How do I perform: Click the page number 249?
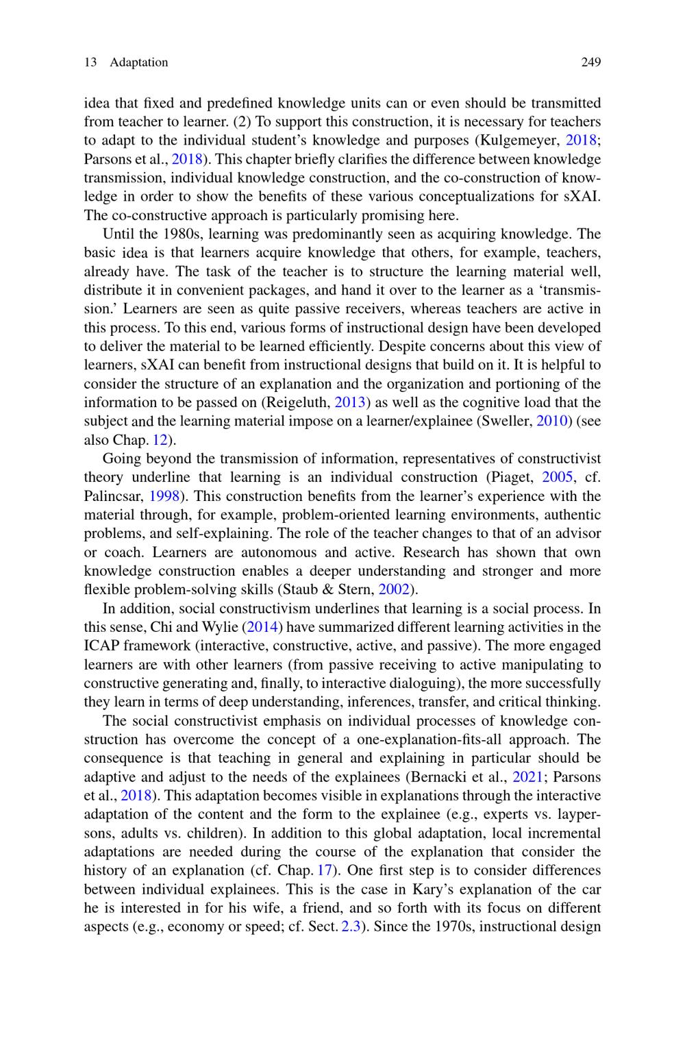coord(590,62)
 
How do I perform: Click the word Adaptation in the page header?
coord(138,62)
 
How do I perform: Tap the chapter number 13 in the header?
coord(90,62)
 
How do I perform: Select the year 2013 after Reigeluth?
coord(348,402)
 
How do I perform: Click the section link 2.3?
coord(349,927)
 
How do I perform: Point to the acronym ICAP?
coord(102,646)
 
